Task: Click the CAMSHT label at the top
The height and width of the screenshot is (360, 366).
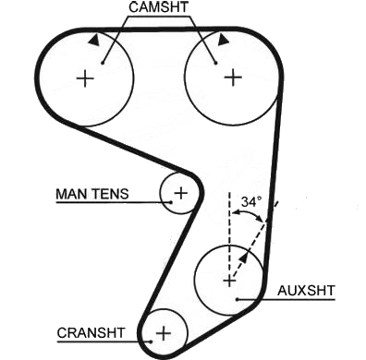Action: pyautogui.click(x=158, y=7)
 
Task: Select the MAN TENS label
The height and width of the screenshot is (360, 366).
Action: pyautogui.click(x=91, y=194)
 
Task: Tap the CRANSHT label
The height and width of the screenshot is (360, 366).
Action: pyautogui.click(x=91, y=333)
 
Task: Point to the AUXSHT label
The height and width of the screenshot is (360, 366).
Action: pyautogui.click(x=306, y=291)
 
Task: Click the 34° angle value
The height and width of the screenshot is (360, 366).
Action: pyautogui.click(x=251, y=202)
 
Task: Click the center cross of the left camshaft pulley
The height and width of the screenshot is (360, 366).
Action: pyautogui.click(x=85, y=78)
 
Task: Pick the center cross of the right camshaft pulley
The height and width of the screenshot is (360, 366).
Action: pyautogui.click(x=233, y=78)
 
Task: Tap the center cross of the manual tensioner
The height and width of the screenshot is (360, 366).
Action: pyautogui.click(x=181, y=193)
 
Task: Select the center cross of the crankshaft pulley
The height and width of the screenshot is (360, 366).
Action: pyautogui.click(x=164, y=333)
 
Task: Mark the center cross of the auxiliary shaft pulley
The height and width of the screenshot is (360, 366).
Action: pyautogui.click(x=229, y=281)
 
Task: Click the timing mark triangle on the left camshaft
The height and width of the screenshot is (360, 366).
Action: pyautogui.click(x=94, y=40)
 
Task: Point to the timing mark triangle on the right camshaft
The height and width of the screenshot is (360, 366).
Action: pyautogui.click(x=223, y=40)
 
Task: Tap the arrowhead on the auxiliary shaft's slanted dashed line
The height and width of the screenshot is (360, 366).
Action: pyautogui.click(x=243, y=258)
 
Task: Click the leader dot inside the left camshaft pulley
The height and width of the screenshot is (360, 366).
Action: pyautogui.click(x=103, y=63)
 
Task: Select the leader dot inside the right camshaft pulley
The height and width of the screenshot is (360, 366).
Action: pyautogui.click(x=215, y=63)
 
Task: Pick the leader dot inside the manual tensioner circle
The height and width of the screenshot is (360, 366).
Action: pyautogui.click(x=171, y=202)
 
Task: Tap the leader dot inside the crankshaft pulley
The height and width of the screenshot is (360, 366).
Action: pyautogui.click(x=152, y=342)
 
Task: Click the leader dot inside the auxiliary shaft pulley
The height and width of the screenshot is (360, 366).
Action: pyautogui.click(x=238, y=299)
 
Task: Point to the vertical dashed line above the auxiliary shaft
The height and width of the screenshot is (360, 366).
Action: pyautogui.click(x=229, y=234)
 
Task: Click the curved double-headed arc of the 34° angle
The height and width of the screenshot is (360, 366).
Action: pyautogui.click(x=248, y=212)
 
